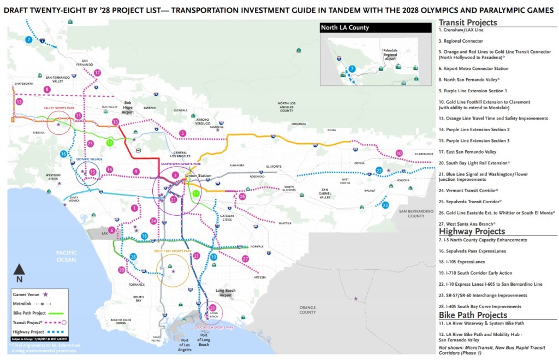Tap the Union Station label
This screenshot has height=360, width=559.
click(197, 176)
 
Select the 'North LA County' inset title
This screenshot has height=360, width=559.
click(344, 28)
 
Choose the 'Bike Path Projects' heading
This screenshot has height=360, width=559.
click(473, 315)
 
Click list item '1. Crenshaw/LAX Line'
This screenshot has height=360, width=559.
click(461, 31)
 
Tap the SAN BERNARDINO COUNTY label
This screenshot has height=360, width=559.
click(419, 214)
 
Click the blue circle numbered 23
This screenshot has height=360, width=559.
click(385, 205)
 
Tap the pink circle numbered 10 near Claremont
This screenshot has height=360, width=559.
click(399, 153)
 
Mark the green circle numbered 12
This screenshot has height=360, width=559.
click(110, 143)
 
